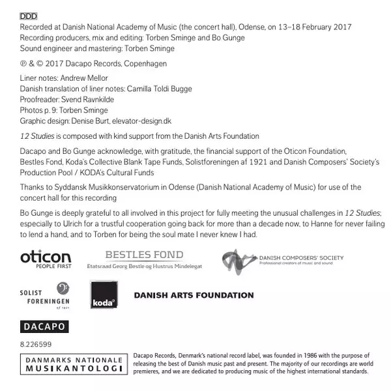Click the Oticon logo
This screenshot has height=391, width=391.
[46, 259]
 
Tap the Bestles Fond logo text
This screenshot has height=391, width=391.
[144, 255]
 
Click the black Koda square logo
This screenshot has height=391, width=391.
[104, 295]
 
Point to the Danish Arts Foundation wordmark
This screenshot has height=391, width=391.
[194, 295]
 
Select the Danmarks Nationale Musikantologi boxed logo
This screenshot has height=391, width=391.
[74, 364]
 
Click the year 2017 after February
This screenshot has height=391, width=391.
[341, 27]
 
